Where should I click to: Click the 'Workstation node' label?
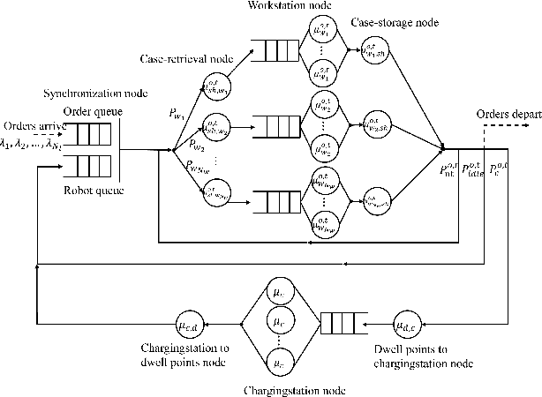(309, 8)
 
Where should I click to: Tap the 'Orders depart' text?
(507, 114)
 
